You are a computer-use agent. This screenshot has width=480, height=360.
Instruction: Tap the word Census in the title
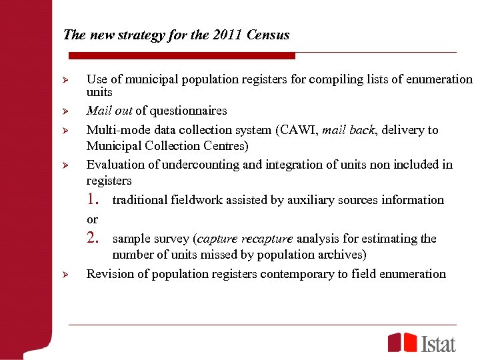coord(267,35)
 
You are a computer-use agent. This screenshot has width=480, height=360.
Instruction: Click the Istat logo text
coord(439,343)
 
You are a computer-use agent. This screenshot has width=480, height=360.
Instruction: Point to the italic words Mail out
coord(109,111)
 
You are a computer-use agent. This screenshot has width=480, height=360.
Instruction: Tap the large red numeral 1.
coord(93,199)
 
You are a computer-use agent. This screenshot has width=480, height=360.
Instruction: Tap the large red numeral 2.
coord(93,238)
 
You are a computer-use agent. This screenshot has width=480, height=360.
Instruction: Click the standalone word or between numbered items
coord(92,219)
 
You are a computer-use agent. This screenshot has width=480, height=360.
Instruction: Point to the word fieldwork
coord(198,200)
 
